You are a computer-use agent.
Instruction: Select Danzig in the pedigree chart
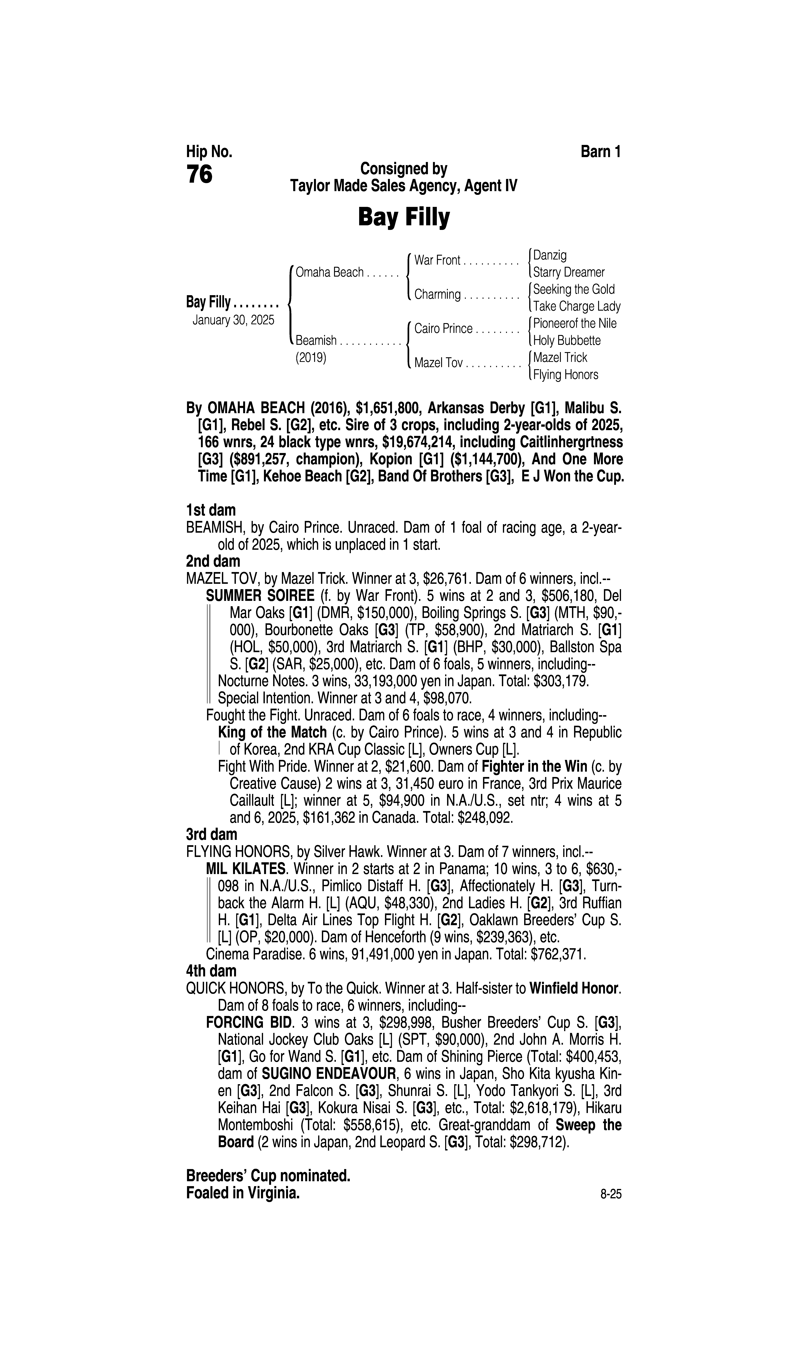[x=550, y=255]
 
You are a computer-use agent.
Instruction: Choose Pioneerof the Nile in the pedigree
[x=574, y=324]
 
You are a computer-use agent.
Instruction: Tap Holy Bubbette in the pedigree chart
[x=567, y=341]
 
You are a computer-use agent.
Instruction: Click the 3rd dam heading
[x=212, y=835]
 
